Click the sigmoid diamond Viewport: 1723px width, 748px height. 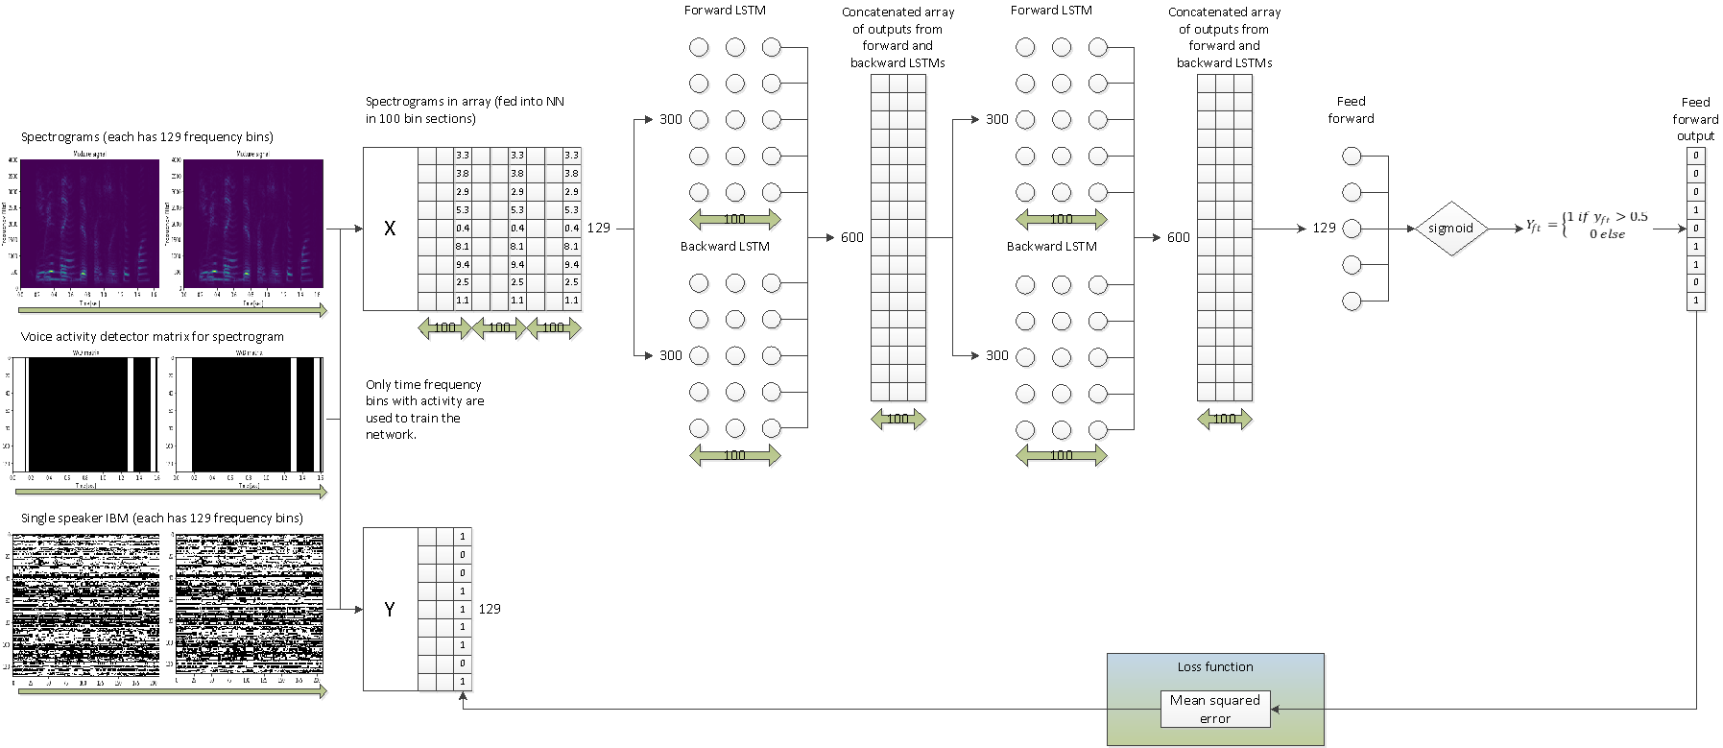(1450, 229)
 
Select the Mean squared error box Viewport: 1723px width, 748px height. (1214, 709)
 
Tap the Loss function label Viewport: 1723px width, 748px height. (1214, 666)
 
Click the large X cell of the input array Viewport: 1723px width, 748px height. (390, 229)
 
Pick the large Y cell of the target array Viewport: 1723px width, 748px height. (390, 609)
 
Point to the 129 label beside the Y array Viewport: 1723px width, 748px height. (490, 609)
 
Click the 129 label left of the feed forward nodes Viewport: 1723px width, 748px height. (1324, 228)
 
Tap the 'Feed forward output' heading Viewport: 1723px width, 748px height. (1695, 118)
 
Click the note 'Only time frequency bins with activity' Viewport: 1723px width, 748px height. (424, 409)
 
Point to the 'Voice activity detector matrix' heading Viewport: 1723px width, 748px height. (153, 336)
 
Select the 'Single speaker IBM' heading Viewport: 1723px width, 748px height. (162, 518)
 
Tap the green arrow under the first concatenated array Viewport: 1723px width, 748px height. (897, 419)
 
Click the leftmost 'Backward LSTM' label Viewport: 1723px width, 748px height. (725, 246)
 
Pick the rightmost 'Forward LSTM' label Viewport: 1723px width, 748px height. (1051, 10)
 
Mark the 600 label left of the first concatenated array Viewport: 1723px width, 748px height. (851, 237)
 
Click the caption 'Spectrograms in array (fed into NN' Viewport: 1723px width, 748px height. (465, 101)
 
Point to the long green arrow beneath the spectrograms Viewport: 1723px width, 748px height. (173, 310)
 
